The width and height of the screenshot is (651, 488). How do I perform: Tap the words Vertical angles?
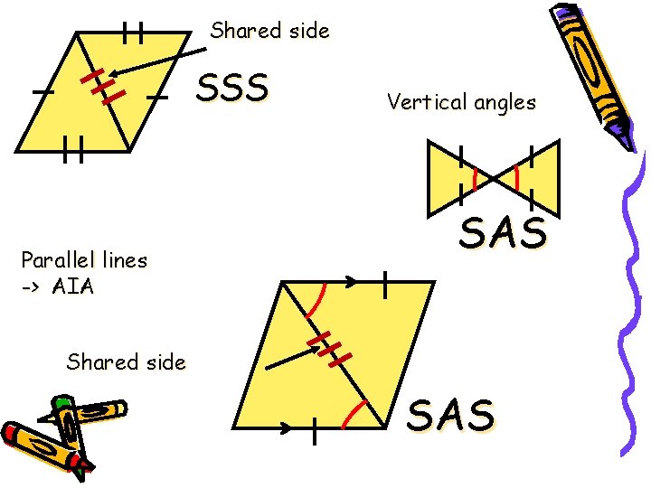[x=461, y=102]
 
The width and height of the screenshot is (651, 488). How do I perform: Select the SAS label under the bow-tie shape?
[x=504, y=234]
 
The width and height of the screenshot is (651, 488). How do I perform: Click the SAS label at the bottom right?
[x=451, y=415]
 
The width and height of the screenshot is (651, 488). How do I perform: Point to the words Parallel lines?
[x=84, y=260]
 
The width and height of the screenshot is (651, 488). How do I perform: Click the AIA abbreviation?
[x=73, y=287]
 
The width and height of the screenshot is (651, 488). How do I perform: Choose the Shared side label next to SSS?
[x=269, y=31]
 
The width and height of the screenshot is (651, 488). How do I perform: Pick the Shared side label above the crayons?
[x=126, y=362]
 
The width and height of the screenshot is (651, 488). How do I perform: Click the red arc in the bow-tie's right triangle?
[x=516, y=177]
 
